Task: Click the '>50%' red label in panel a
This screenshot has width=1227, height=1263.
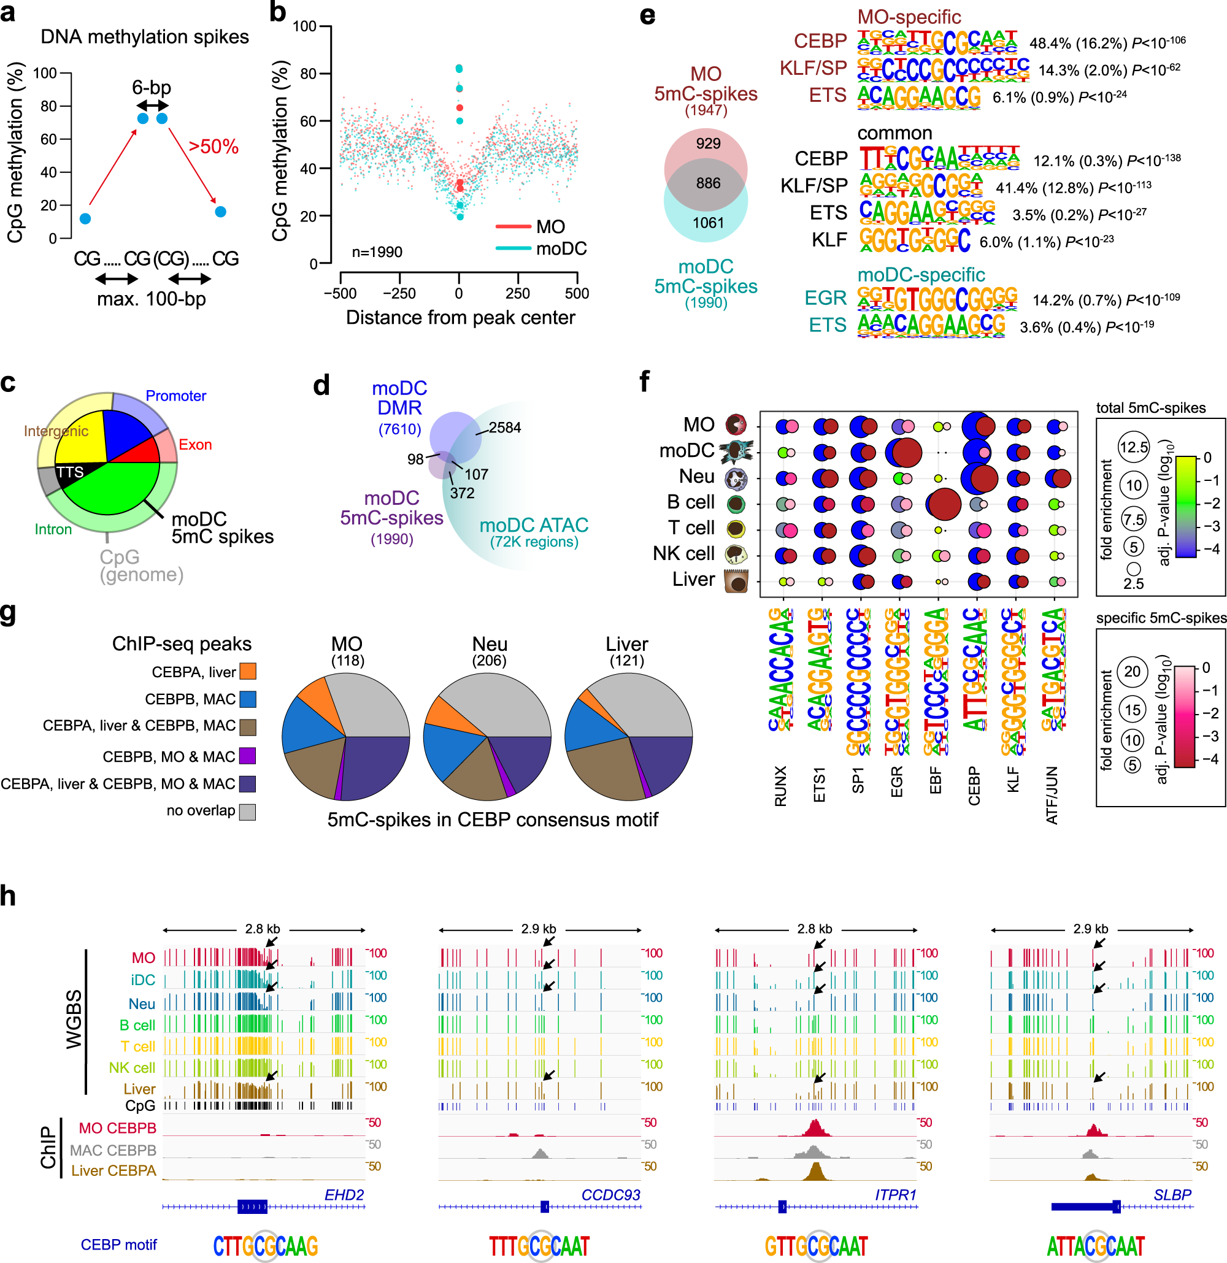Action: click(x=213, y=147)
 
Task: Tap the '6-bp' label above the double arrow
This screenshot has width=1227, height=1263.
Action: click(x=152, y=87)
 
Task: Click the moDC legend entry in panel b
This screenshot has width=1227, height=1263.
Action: click(x=561, y=248)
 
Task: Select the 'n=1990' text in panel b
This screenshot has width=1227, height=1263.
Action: click(x=377, y=252)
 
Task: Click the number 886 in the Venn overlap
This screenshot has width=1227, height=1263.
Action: click(x=707, y=183)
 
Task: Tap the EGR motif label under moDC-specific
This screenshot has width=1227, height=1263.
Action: click(x=825, y=298)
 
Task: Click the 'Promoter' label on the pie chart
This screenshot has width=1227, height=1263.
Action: click(x=175, y=396)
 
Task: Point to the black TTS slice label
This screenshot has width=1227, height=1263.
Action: click(x=69, y=472)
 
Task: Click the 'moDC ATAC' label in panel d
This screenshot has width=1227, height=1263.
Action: click(x=534, y=525)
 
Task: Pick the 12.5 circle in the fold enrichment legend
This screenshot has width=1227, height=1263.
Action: click(x=1134, y=447)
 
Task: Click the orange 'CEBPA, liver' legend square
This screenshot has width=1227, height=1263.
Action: click(x=248, y=672)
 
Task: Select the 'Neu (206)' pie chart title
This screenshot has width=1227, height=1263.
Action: click(x=489, y=650)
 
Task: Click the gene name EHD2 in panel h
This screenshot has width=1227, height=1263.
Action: click(x=344, y=1195)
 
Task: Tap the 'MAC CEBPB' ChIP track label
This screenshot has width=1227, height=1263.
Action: click(x=113, y=1150)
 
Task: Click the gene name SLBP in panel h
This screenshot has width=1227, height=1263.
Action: click(x=1172, y=1195)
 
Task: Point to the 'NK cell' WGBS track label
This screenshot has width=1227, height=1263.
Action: click(x=131, y=1068)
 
